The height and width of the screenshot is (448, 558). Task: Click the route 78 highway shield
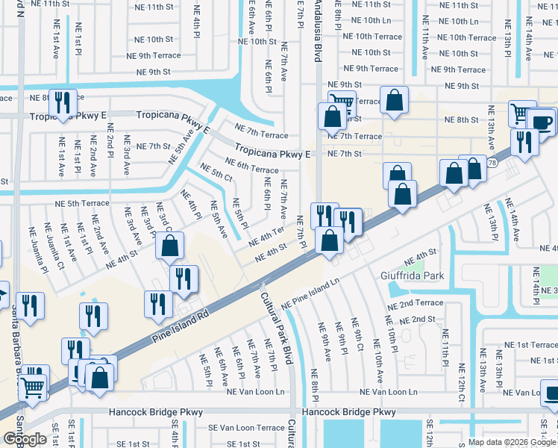[492, 162]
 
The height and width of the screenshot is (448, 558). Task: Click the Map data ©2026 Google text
[512, 442]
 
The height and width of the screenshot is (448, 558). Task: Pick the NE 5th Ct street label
[217, 175]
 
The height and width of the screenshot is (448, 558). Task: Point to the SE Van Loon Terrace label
[246, 428]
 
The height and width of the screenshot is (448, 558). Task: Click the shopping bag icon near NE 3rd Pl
[170, 245]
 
